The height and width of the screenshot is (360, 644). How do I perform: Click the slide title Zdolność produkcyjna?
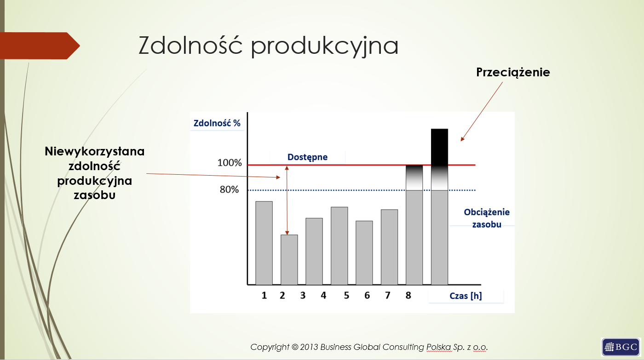[x=268, y=46]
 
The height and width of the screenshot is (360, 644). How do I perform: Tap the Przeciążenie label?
[x=513, y=72]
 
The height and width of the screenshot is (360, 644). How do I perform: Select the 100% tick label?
[x=230, y=163]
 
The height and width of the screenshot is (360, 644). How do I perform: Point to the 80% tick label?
[x=229, y=189]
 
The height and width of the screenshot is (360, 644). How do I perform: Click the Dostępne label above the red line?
[x=307, y=157]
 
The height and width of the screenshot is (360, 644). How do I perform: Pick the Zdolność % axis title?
[x=217, y=123]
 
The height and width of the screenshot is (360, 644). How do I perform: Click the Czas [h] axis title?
[x=466, y=296]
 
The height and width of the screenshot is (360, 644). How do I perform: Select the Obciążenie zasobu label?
[x=487, y=218]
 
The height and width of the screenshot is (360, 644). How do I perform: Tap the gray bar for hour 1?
[x=264, y=243]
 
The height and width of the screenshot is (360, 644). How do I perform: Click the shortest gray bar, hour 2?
[x=289, y=260]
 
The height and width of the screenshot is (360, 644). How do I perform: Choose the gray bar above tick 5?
[x=339, y=246]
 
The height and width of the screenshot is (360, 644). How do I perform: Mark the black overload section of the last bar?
[x=439, y=147]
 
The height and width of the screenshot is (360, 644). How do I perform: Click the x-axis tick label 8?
[x=408, y=295]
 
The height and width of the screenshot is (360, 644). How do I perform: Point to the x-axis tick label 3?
[x=303, y=295]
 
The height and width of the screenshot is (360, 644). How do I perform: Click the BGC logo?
[x=621, y=347]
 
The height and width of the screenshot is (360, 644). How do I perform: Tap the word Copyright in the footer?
[x=270, y=348]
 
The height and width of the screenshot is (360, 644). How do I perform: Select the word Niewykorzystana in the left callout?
[x=95, y=151]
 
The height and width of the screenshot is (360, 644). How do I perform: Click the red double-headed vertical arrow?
[x=287, y=200]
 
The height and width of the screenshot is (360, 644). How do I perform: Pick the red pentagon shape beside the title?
[x=40, y=46]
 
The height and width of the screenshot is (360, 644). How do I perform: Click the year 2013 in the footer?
[x=309, y=347]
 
